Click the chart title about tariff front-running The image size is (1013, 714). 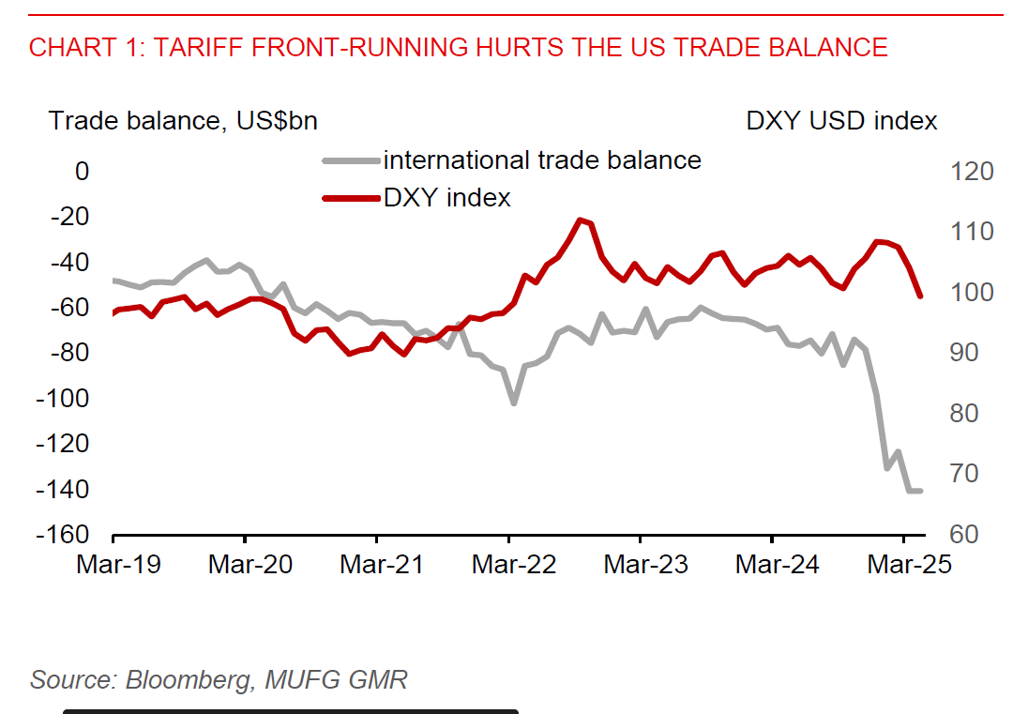[458, 47]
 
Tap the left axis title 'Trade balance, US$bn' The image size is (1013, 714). [183, 121]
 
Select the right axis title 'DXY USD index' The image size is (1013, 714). [841, 121]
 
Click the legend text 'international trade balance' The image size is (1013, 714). [542, 160]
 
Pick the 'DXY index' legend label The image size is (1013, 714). [447, 198]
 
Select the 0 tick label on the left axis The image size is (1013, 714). [83, 172]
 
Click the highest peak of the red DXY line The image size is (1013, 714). [581, 220]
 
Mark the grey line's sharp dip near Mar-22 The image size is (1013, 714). [514, 403]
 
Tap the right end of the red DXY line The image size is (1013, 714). [920, 296]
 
